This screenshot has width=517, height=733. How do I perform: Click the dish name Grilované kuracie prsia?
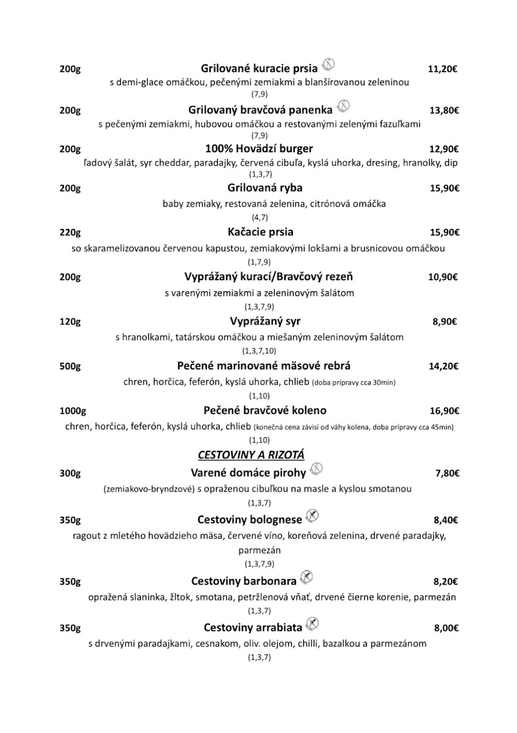click(x=259, y=69)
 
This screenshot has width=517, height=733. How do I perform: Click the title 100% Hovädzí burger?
click(x=259, y=148)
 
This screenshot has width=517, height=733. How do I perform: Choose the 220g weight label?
click(x=70, y=233)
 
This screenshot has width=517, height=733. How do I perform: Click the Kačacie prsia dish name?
click(x=260, y=232)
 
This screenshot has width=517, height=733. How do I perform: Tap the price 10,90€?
click(x=443, y=277)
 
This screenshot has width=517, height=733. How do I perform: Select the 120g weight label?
click(x=70, y=322)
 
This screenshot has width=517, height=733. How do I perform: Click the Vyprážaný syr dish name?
click(x=266, y=321)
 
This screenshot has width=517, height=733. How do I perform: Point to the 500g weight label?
click(x=70, y=366)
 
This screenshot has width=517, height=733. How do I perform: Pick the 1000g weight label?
click(x=73, y=410)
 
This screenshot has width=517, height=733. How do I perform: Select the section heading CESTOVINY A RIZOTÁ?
click(x=251, y=454)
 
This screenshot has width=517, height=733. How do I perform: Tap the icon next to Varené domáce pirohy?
click(x=316, y=469)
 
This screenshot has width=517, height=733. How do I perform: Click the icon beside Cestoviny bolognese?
click(x=312, y=516)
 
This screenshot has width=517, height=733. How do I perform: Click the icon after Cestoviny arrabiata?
click(x=312, y=624)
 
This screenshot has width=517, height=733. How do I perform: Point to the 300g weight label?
click(x=70, y=473)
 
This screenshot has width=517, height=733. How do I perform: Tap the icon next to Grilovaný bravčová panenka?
click(x=343, y=106)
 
